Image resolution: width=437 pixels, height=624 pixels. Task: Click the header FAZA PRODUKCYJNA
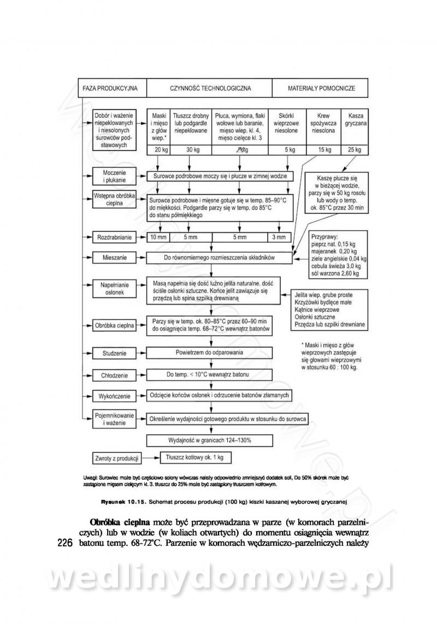click(110, 88)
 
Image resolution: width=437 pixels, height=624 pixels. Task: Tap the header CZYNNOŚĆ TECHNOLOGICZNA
click(210, 88)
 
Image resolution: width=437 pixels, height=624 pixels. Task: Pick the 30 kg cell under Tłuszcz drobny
click(190, 150)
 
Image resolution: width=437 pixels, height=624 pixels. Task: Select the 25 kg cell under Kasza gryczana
click(354, 150)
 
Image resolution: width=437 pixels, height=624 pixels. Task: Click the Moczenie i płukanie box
click(112, 176)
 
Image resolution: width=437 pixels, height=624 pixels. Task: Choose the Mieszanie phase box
click(112, 256)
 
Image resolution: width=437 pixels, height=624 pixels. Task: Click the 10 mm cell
click(158, 237)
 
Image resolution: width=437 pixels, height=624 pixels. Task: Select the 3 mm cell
click(279, 237)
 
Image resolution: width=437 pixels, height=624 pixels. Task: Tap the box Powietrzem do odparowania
click(210, 353)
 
